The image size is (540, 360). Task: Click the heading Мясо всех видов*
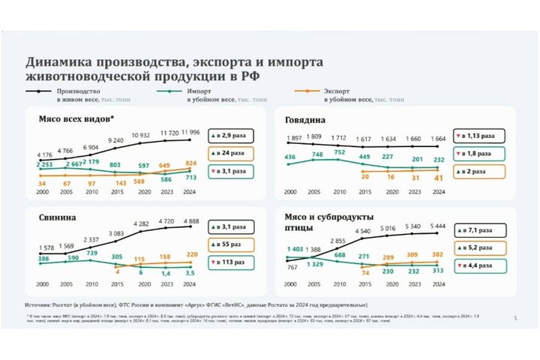tap(76, 118)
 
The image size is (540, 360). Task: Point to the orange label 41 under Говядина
tap(439, 178)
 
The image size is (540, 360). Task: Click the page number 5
tap(514, 319)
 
